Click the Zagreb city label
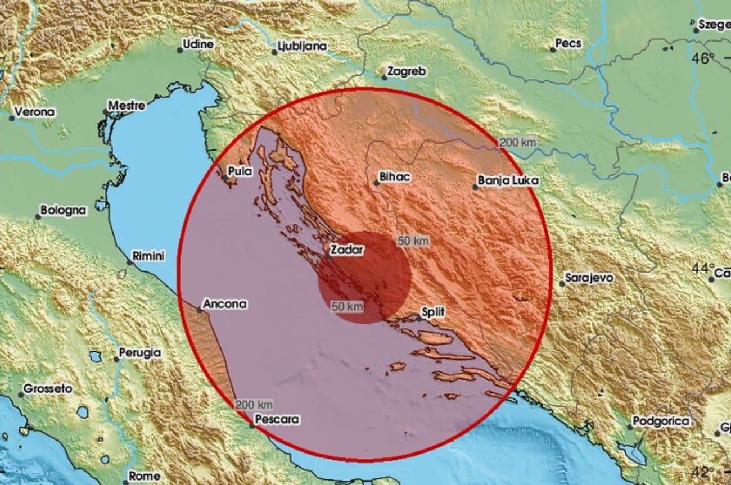point(407,72)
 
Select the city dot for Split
point(418,318)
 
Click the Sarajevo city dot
point(562,284)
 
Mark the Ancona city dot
point(200,310)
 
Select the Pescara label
point(277,419)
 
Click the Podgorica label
point(657,421)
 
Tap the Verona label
point(35,112)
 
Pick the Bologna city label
point(64,211)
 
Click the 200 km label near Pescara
point(254,404)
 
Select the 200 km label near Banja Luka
point(517,143)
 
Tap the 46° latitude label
point(703,58)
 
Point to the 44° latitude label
point(703,269)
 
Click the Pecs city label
point(568,43)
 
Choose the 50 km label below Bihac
point(413,241)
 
